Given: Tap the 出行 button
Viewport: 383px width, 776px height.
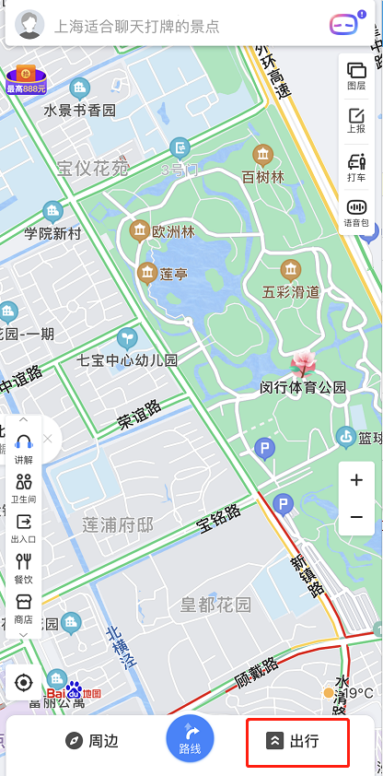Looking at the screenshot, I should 297,741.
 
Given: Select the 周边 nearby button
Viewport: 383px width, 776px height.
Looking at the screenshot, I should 92,741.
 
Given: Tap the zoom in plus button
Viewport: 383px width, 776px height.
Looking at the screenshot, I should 356,480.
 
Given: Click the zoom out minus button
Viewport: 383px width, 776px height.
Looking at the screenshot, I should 356,516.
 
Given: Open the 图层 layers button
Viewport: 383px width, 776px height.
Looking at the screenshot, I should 356,75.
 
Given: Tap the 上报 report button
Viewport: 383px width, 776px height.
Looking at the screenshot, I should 356,121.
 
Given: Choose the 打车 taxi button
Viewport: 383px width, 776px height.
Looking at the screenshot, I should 356,167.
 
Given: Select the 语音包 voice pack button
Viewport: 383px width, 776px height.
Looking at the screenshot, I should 356,212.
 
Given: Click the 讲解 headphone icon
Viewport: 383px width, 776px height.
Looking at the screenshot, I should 24,449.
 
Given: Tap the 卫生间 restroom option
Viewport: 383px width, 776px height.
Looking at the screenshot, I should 24,488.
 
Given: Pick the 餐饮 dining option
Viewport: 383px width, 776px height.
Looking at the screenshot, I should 24,567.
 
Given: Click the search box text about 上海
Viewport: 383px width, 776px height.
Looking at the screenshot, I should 137,26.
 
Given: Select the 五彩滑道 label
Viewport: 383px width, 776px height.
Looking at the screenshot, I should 291,292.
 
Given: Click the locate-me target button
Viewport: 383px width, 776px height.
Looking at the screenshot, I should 24,683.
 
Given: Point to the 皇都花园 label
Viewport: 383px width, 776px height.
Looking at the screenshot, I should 215,605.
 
